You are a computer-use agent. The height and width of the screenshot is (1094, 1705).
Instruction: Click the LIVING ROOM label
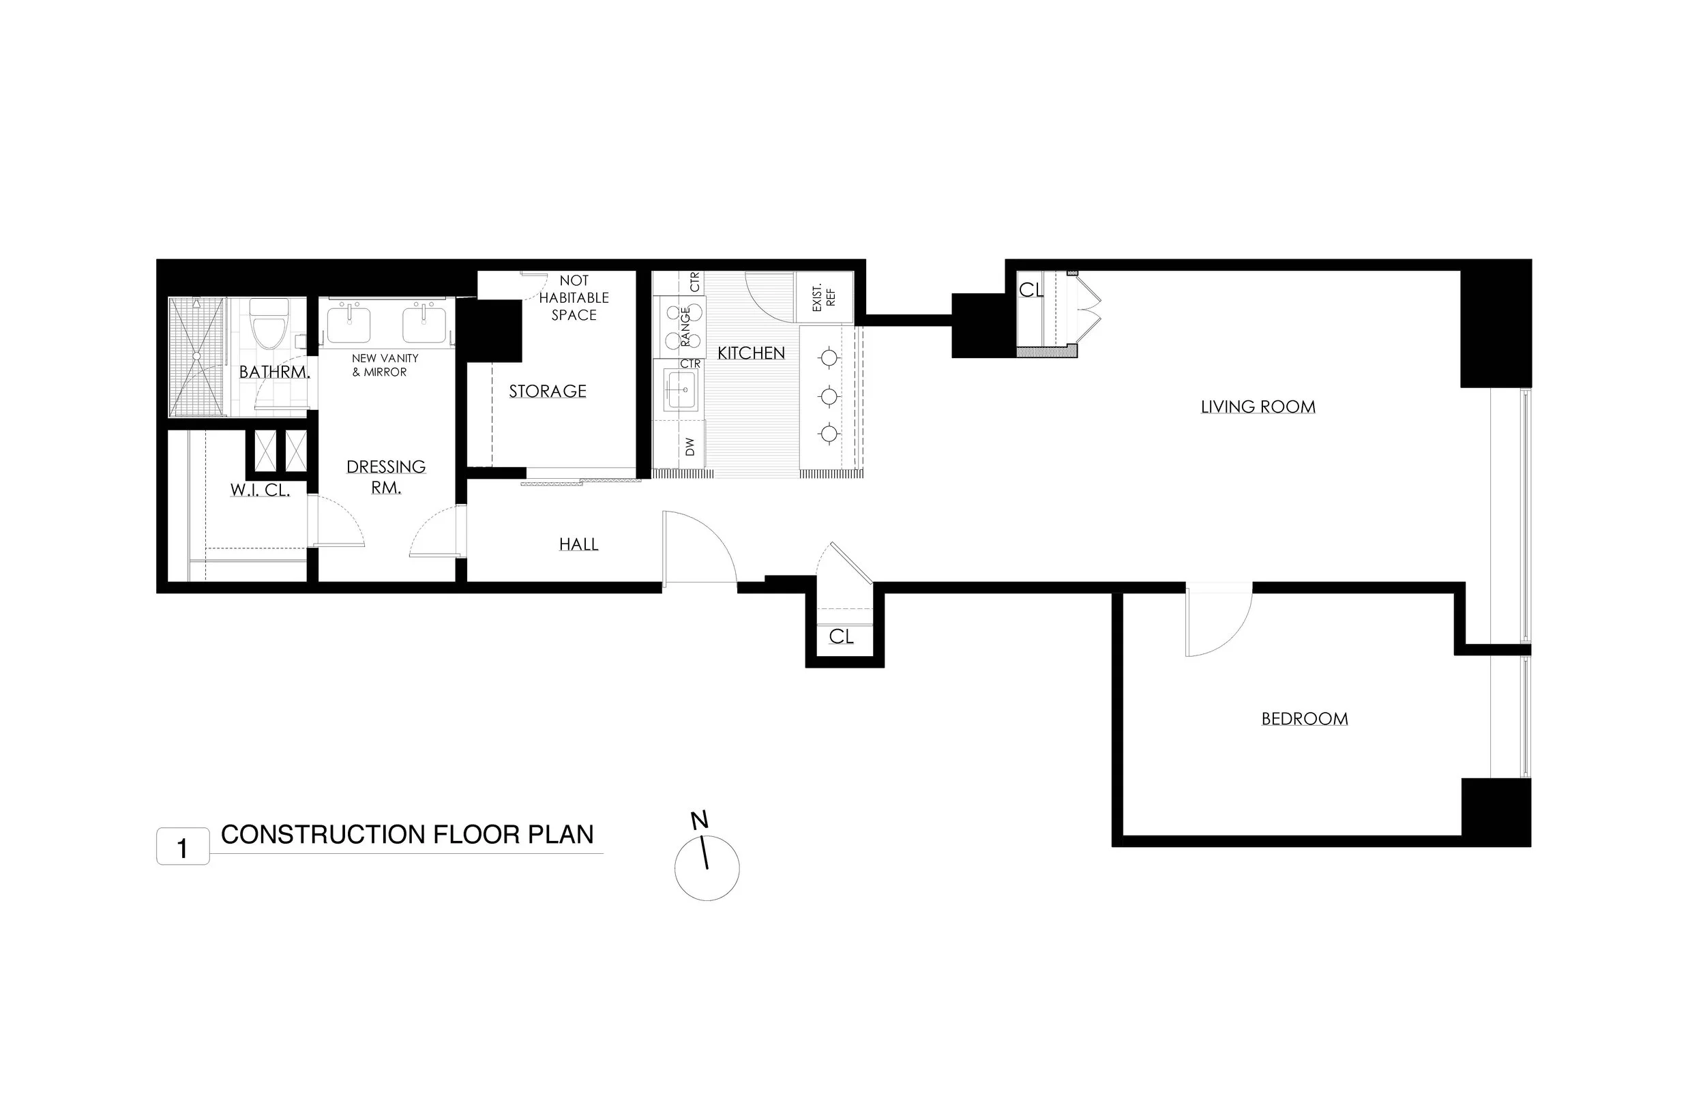[x=1258, y=407]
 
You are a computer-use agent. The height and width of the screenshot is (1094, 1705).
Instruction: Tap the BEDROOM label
[x=1305, y=719]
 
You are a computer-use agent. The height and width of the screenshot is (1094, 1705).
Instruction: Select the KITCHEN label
[x=752, y=353]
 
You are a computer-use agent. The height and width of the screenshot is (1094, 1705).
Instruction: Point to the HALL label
[x=579, y=544]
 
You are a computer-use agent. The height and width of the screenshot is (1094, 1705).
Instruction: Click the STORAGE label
[x=548, y=391]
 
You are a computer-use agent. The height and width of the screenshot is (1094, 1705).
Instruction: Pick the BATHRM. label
[x=274, y=372]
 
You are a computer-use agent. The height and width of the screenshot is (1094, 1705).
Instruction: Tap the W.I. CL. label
[x=260, y=490]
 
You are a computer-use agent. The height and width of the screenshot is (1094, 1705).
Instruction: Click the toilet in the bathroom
[x=271, y=323]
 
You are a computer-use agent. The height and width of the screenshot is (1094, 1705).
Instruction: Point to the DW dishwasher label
[x=690, y=446]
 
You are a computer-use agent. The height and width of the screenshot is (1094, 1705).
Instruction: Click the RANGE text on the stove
[x=685, y=326]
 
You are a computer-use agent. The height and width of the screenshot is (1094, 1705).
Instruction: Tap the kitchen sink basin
[x=681, y=389]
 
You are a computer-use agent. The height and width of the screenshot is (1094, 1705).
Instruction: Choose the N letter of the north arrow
[x=700, y=820]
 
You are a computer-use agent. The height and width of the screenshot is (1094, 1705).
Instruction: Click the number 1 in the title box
[x=183, y=848]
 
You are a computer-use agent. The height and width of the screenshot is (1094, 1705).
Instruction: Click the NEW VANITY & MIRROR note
[x=385, y=365]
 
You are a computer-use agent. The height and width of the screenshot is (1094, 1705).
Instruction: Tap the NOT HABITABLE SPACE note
[x=574, y=297]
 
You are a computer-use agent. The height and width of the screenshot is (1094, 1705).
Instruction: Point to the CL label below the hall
[x=842, y=636]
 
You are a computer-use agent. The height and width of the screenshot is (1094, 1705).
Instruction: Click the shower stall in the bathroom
[x=197, y=357]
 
